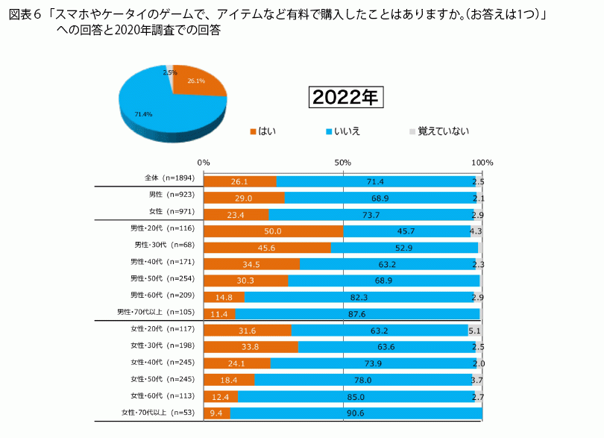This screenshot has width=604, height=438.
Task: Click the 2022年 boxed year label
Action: pyautogui.click(x=345, y=97)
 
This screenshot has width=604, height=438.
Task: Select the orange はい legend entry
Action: pyautogui.click(x=263, y=131)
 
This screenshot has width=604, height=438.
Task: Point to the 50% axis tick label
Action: pyautogui.click(x=342, y=162)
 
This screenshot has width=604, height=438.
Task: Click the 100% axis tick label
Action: pyautogui.click(x=482, y=162)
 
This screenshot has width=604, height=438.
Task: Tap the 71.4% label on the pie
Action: pyautogui.click(x=143, y=114)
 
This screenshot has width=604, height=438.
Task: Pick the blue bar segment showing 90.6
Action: pyautogui.click(x=356, y=413)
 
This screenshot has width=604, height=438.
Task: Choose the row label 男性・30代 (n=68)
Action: pyautogui.click(x=163, y=245)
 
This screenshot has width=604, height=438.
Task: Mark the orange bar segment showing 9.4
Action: pyautogui.click(x=217, y=413)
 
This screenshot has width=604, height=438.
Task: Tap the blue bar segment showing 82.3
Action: pyautogui.click(x=362, y=298)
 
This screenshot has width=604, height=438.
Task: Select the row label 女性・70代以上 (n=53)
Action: pyautogui.click(x=157, y=412)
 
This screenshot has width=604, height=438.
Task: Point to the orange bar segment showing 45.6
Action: pyautogui.click(x=267, y=248)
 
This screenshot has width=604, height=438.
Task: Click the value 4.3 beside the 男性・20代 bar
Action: pyautogui.click(x=476, y=231)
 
